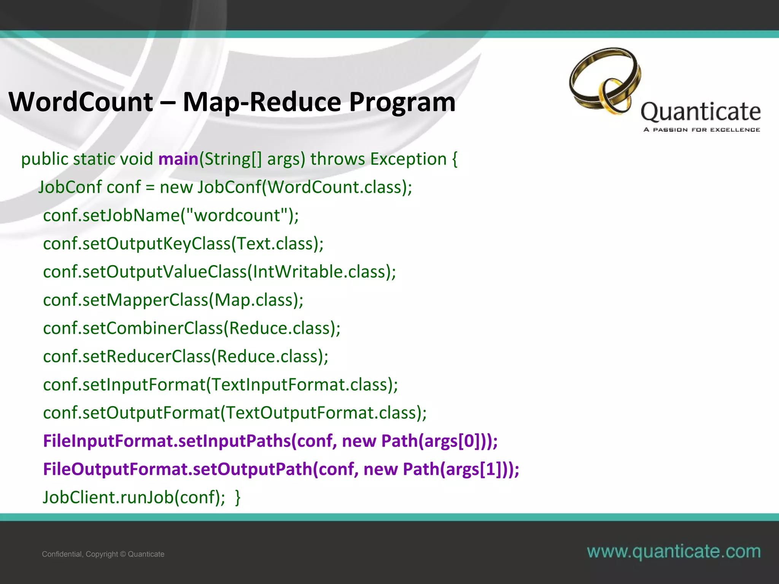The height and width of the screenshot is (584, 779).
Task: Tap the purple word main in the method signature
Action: click(178, 159)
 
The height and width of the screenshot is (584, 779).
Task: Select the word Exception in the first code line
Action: click(409, 159)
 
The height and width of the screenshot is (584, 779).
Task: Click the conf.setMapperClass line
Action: click(173, 300)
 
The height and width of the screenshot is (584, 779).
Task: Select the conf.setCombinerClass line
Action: click(191, 328)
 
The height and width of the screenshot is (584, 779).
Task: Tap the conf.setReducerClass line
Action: click(186, 356)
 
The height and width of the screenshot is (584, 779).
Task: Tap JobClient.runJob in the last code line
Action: click(108, 497)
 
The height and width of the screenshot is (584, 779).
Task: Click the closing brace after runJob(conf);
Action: click(238, 497)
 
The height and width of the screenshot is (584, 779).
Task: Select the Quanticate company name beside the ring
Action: click(701, 112)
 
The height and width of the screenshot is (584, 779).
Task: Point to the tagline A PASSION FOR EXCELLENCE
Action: click(701, 130)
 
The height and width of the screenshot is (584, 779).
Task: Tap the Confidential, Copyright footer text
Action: click(103, 554)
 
